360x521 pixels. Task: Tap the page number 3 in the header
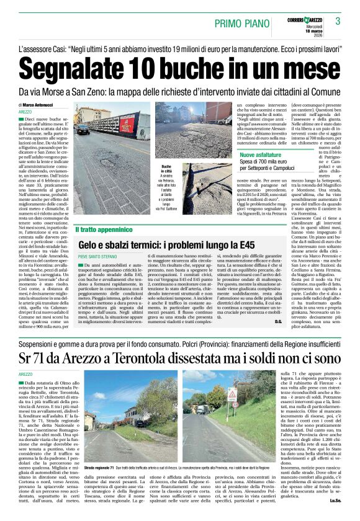click(338, 21)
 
